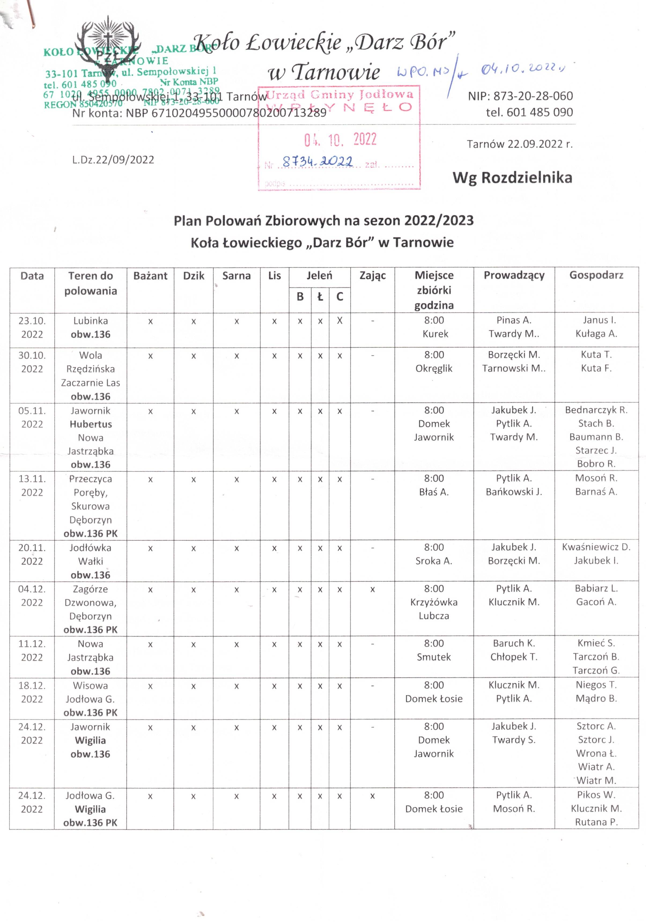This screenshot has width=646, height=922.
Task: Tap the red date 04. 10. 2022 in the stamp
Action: click(340, 139)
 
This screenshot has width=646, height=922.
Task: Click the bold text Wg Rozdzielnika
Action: click(512, 178)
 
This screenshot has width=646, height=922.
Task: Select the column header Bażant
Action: click(150, 276)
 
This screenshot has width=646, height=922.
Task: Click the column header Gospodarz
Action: click(596, 275)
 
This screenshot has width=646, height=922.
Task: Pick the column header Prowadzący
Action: click(514, 275)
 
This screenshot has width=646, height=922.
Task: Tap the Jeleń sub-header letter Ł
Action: click(320, 297)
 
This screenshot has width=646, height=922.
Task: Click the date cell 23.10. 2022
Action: click(32, 327)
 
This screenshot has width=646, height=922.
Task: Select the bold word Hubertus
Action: click(91, 424)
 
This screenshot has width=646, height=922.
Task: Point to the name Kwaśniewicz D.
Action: click(596, 547)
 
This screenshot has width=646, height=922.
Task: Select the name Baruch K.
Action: click(514, 643)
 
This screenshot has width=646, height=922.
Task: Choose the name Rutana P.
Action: click(596, 822)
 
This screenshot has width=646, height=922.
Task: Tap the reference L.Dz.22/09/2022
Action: click(113, 160)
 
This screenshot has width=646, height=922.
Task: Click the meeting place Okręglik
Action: click(434, 368)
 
